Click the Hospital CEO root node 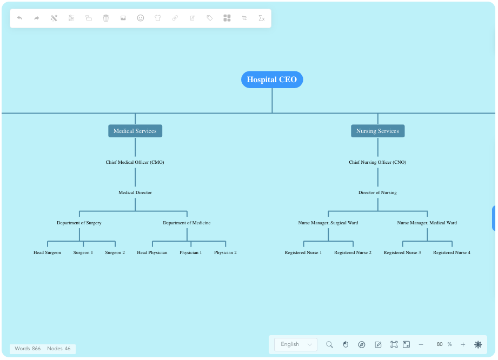click(272, 79)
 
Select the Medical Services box click(135, 131)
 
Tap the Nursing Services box click(377, 131)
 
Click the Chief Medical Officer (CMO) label click(135, 162)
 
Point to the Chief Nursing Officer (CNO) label click(377, 162)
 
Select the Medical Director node click(135, 192)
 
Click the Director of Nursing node click(377, 192)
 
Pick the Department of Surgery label click(79, 223)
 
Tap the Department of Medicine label click(187, 223)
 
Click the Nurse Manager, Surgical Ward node click(328, 223)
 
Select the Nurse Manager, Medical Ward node click(427, 223)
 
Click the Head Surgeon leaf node click(48, 252)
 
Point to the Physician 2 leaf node click(225, 252)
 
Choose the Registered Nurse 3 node click(402, 252)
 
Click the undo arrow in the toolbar click(19, 18)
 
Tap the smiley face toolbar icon click(141, 18)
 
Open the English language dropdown click(296, 344)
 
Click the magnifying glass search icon click(329, 344)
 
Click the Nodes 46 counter click(59, 349)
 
